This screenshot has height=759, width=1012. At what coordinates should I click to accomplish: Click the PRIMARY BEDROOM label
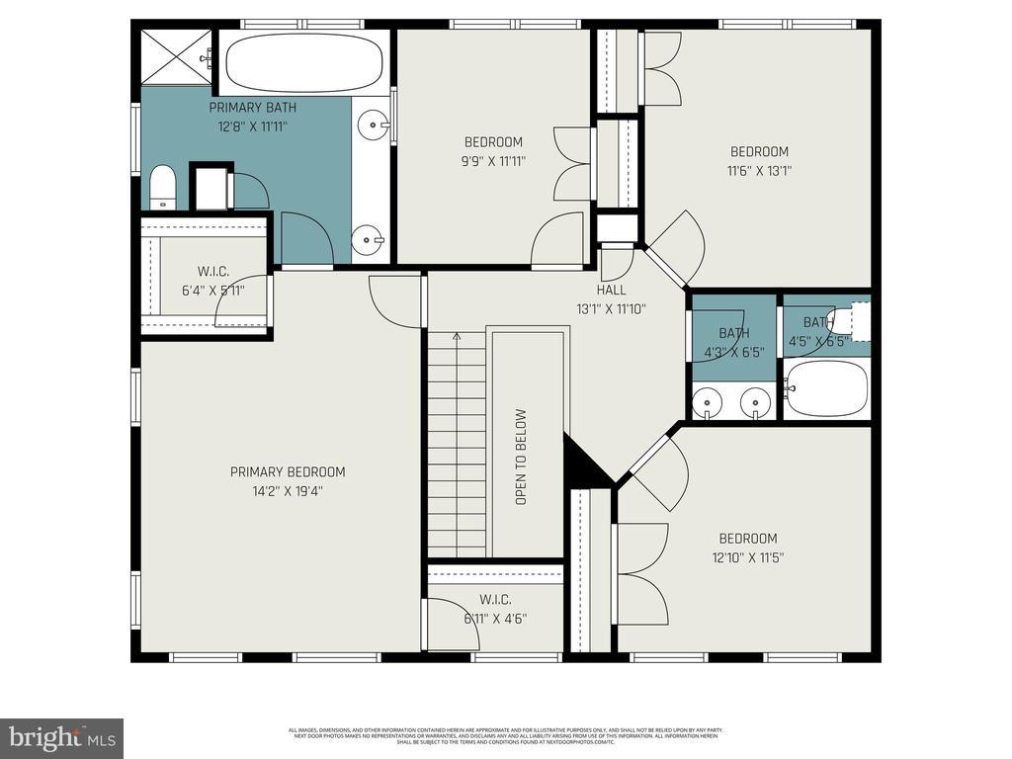(x=288, y=471)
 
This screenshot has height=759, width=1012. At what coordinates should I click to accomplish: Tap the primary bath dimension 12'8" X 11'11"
(x=252, y=126)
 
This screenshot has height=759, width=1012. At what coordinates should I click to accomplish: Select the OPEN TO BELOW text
(x=521, y=457)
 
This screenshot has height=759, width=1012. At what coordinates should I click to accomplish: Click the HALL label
(x=611, y=290)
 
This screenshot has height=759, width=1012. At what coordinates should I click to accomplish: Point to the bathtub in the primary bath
(x=303, y=62)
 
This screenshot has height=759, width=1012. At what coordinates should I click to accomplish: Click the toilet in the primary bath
(x=162, y=187)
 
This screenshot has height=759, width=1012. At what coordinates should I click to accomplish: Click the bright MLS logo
(x=61, y=738)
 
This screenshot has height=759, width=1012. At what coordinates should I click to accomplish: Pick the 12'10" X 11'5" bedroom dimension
(x=747, y=557)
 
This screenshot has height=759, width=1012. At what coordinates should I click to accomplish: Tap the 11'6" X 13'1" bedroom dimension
(x=759, y=170)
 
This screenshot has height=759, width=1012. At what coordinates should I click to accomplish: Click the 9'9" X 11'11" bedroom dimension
(x=493, y=161)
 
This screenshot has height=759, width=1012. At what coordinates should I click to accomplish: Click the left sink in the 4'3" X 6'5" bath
(x=708, y=402)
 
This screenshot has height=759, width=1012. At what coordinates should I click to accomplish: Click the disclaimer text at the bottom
(x=505, y=736)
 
